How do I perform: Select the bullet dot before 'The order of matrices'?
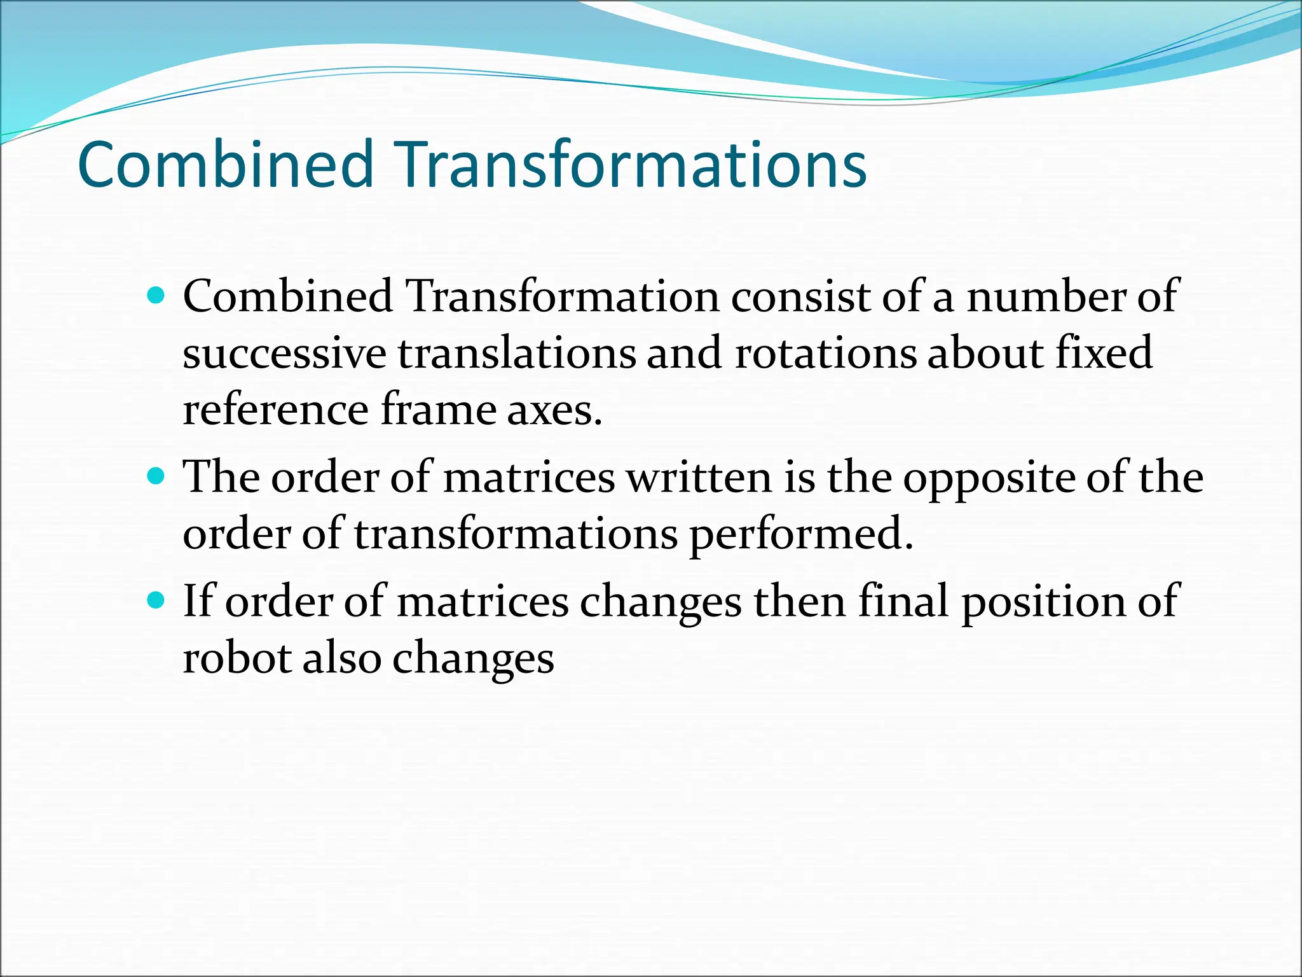coord(156,476)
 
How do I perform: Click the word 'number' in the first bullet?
coord(1045,296)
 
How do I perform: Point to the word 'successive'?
coord(284,354)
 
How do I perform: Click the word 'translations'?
coord(516,354)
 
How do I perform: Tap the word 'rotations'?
coord(825,354)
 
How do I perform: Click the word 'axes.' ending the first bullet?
coord(554,411)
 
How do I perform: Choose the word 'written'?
coord(699,477)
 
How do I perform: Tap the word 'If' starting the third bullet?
coord(197,600)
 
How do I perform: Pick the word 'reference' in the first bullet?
coord(275,411)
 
